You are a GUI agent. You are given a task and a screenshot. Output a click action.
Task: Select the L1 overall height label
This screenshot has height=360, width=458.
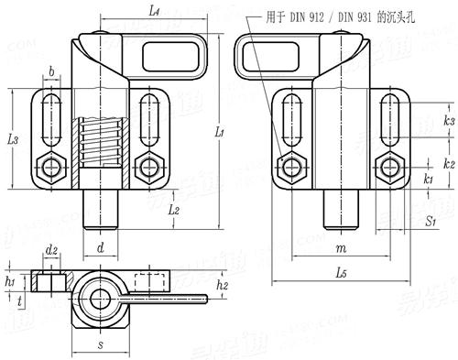[x=220, y=133]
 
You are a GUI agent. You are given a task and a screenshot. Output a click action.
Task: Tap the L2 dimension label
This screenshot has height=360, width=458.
[x=174, y=211]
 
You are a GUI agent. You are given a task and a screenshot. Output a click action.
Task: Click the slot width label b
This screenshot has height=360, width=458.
[x=50, y=70]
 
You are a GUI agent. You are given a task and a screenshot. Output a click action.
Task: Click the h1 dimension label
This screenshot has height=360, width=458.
[x=11, y=281]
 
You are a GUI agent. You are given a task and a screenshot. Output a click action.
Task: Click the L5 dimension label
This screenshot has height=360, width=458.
[x=341, y=273]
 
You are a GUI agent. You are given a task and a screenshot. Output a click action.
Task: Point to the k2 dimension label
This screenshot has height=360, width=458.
[x=448, y=162]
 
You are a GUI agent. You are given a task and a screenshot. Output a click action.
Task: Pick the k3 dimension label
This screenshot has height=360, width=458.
[x=448, y=120]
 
